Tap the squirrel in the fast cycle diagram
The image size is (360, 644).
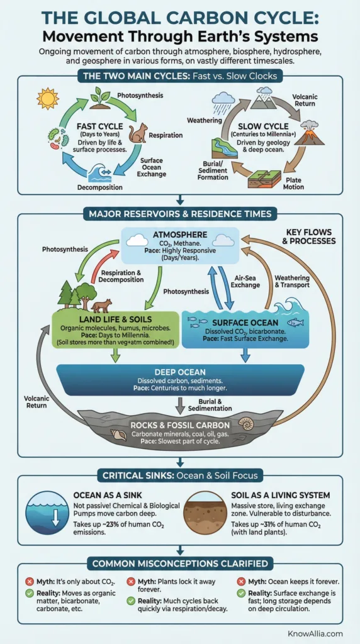click(138, 133)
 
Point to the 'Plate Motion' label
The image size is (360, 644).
click(293, 183)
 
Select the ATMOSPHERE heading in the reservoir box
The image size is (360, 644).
click(179, 236)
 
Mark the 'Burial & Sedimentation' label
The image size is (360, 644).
click(218, 404)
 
